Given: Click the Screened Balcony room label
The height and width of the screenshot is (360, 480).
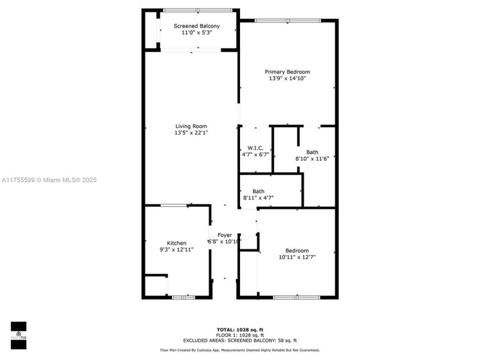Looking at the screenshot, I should point(197,26).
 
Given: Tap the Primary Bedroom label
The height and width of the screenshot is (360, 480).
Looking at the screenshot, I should point(287,72).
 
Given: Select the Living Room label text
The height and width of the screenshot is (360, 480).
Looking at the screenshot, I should point(191,126).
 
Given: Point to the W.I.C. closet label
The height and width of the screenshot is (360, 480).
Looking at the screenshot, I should point(255,148).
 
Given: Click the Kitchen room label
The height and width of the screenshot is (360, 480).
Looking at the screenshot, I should point(176,243).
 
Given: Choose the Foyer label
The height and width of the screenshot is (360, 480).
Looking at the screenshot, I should point(224,235).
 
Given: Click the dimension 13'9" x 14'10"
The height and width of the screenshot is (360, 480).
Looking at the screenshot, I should point(287,79).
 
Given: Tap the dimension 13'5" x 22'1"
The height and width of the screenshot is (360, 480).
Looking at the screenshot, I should point(191,133).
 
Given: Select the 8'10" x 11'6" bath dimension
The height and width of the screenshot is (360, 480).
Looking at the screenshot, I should point(312,158).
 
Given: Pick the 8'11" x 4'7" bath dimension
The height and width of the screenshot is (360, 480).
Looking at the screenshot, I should point(258,198).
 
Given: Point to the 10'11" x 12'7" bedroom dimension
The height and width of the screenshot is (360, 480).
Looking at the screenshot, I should point(297,258).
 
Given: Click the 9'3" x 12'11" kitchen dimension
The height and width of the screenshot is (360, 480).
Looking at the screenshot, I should point(176,250).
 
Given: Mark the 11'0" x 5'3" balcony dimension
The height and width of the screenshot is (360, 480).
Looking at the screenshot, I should point(197,33).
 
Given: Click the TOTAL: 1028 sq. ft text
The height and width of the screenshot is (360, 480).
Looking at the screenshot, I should point(240,330).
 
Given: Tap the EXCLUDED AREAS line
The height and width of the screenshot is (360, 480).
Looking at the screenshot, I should point(240,341).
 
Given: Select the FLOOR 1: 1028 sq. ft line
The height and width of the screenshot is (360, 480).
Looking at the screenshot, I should point(240,335).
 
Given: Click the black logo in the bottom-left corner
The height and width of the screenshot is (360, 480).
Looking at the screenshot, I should point(18,334).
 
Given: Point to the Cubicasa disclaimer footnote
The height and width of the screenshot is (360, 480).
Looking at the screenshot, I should point(239,350).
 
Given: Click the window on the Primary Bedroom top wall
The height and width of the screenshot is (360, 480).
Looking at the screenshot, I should point(287,21).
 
